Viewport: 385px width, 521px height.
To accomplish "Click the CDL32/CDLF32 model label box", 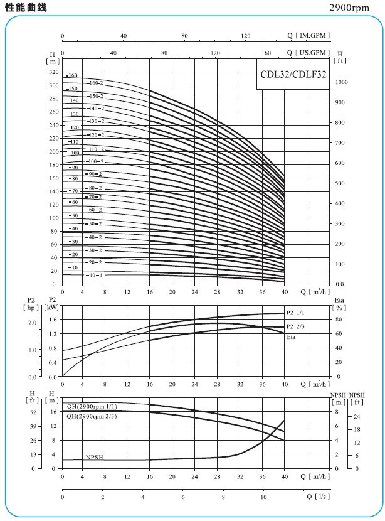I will pos(291,73).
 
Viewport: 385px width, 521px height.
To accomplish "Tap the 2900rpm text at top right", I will pos(356,8).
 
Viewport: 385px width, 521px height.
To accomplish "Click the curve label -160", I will pos(71,75).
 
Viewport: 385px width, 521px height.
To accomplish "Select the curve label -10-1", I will pos(93,275).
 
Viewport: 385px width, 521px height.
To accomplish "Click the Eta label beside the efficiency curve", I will pos(291,337).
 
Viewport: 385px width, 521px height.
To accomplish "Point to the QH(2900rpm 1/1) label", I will pos(92,407).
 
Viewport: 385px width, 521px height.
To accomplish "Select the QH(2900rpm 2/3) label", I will pos(92,416).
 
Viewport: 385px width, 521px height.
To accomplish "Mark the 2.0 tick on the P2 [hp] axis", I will pos(31,322).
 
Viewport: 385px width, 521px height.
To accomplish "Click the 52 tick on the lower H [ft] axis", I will pos(33,412).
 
